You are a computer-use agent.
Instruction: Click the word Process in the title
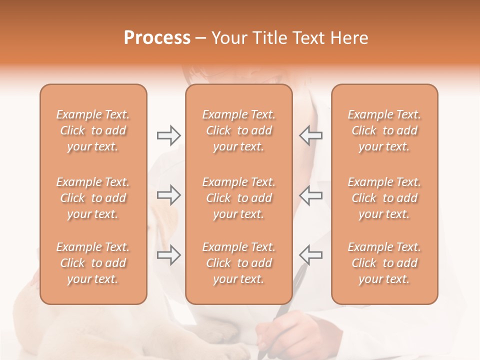coord(156,38)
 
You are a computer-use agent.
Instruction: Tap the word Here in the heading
coord(348,38)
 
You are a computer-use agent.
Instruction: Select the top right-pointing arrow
coord(168,135)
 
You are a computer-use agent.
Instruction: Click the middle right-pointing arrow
coord(168,195)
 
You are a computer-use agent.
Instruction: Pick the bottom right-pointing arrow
coord(168,255)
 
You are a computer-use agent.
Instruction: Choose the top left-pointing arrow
coord(310,135)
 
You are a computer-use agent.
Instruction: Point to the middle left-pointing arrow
coord(310,195)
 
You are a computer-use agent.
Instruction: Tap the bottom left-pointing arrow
coord(310,255)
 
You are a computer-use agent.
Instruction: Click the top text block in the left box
coord(93,130)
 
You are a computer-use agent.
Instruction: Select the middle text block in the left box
coord(93,198)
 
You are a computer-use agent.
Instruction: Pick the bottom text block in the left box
coord(93,263)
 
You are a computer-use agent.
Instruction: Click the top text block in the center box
coord(239,130)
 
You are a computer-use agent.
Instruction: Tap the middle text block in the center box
coord(239,198)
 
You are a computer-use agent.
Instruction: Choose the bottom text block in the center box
coord(239,263)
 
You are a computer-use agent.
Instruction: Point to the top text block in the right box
coord(384,130)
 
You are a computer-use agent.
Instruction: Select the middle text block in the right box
coord(384,198)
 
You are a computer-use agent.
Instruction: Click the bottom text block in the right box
coord(384,263)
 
